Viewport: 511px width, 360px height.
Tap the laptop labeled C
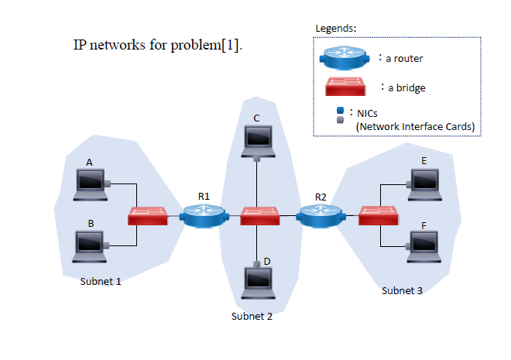coord(256,139)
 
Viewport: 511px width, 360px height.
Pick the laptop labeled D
coord(256,282)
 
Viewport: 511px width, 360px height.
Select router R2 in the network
coord(320,215)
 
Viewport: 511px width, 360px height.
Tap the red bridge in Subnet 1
coord(148,215)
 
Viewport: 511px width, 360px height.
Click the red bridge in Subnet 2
coord(259,215)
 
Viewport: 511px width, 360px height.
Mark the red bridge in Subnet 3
coord(379,215)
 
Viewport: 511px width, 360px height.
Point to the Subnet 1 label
coord(101,282)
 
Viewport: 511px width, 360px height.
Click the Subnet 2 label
coord(252,316)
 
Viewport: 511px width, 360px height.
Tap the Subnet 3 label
coord(403,291)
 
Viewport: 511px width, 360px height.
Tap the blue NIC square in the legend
coord(340,111)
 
